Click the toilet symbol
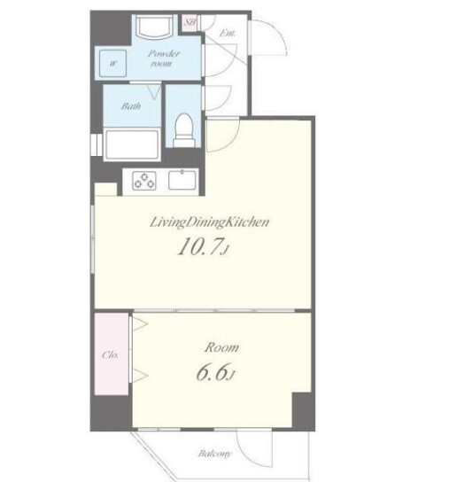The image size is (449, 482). (184, 130)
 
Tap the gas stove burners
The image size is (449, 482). (143, 181)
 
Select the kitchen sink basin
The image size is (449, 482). (182, 180)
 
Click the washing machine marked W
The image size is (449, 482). (112, 63)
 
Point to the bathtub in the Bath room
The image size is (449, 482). (132, 144)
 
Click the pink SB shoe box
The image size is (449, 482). (190, 23)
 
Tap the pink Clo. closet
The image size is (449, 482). (112, 354)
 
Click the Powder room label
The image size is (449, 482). (163, 58)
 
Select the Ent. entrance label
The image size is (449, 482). (228, 33)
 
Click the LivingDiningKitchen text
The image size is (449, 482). (209, 222)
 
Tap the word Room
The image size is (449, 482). (221, 347)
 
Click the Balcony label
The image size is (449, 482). (214, 454)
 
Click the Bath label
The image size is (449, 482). (131, 106)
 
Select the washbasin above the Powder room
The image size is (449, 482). (154, 26)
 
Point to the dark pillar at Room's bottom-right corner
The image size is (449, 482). (303, 411)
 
